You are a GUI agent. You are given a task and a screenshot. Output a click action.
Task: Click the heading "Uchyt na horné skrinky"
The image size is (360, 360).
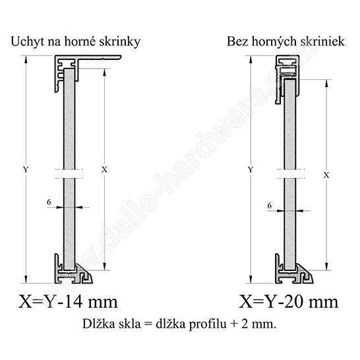76,42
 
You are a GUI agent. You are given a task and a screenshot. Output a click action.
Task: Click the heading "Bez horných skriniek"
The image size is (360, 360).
285,42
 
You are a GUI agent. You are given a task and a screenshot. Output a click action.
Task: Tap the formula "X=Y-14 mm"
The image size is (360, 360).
68,301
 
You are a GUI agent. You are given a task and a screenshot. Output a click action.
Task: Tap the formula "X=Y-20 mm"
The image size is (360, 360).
289,301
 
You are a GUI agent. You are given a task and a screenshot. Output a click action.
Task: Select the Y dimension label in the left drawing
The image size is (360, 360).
26,169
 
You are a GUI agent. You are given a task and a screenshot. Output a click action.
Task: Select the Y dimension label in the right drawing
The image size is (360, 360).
251,169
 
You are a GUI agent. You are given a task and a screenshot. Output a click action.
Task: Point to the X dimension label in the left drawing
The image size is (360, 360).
104,170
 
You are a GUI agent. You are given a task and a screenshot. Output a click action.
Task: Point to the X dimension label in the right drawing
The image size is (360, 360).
326,175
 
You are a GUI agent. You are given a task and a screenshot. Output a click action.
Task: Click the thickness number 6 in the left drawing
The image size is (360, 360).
49,202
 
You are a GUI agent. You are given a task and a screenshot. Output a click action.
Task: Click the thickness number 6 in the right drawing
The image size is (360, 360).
270,206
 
